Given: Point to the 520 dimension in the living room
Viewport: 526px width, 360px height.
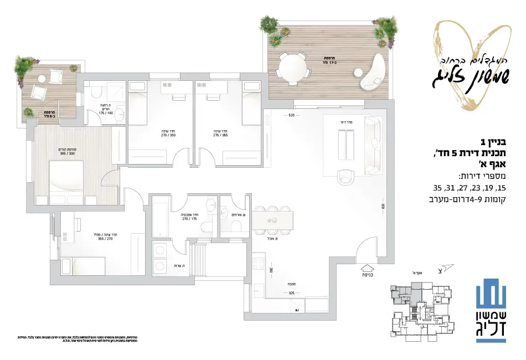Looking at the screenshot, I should [x=292, y=116].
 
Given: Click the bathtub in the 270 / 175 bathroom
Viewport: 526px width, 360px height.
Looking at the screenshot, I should [x=159, y=219].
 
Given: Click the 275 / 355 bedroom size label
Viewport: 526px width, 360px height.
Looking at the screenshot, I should [x=220, y=135].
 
